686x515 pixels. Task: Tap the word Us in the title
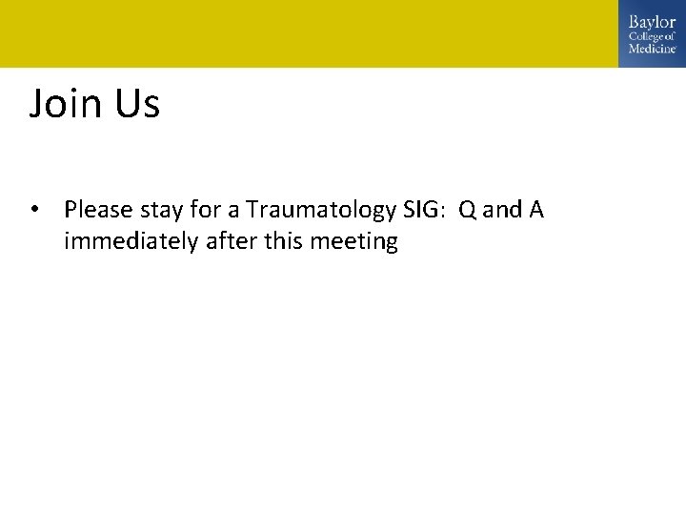[137, 103]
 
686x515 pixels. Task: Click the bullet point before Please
[35, 209]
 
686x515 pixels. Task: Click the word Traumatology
[320, 209]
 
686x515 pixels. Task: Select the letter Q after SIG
[467, 209]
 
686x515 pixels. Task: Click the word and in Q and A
[501, 209]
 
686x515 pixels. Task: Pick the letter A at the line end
[535, 209]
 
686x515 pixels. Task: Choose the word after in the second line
[226, 242]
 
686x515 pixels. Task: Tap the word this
[282, 242]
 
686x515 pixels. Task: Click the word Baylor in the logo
[652, 22]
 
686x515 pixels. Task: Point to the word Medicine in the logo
[652, 49]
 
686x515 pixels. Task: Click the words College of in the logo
[652, 36]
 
